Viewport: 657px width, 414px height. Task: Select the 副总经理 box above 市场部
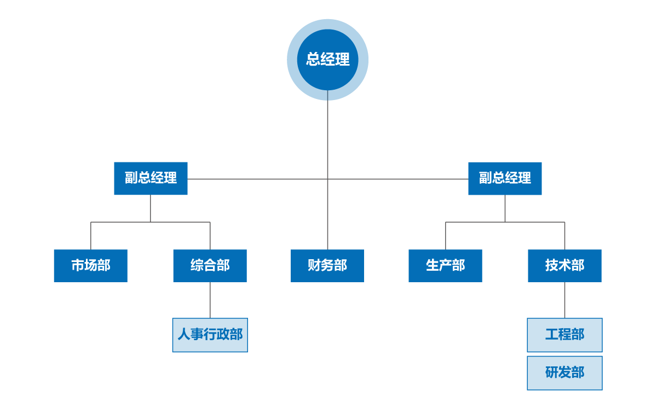151,178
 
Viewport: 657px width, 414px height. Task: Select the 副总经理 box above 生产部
505,178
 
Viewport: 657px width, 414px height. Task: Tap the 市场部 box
90,266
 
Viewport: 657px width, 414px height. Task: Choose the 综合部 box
210,266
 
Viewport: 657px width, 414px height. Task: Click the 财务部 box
327,266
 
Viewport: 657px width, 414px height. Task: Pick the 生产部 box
445,266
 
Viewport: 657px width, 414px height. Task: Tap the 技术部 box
564,266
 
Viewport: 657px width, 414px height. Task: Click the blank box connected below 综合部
210,335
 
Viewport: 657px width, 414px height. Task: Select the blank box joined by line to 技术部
564,335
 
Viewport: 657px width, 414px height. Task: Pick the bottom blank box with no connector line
564,373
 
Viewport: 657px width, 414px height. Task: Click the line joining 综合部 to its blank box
210,300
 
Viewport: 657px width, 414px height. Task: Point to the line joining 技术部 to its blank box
564,300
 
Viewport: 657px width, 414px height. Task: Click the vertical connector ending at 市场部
91,236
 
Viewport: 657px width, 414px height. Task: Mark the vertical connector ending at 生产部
446,236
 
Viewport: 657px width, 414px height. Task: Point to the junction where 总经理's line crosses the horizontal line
327,179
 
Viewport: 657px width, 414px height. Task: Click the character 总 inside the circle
313,60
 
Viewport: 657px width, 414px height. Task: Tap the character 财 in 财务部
314,266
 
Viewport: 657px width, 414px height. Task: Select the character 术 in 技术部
564,266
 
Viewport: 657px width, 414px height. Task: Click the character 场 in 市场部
90,266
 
